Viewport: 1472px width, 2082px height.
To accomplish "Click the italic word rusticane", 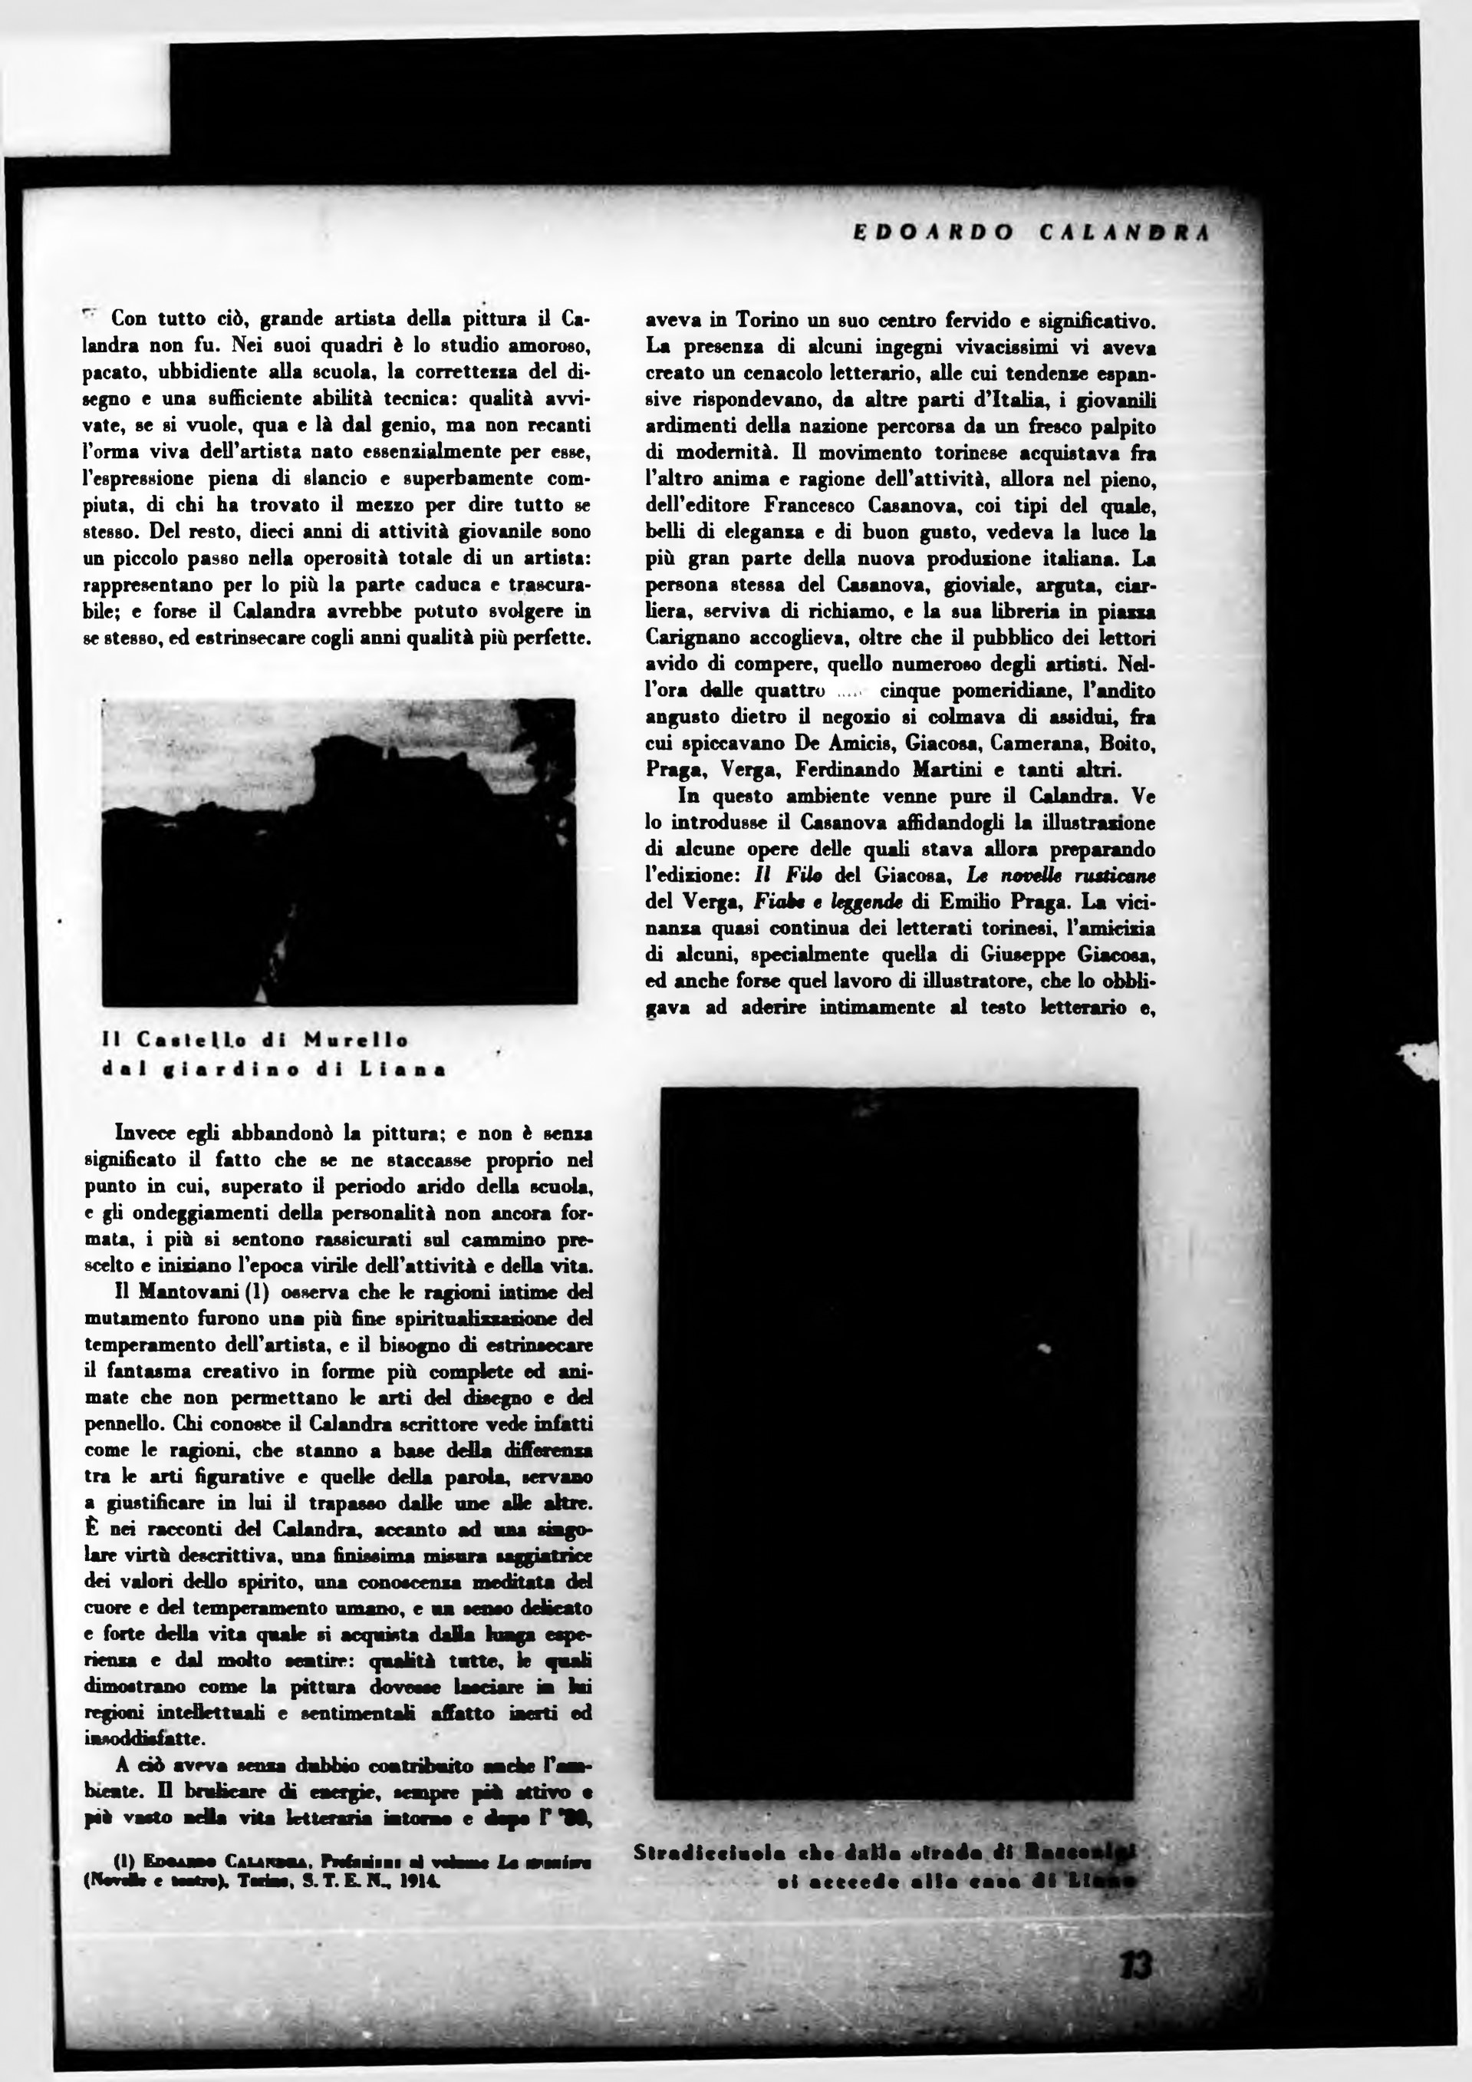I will coord(1111,876).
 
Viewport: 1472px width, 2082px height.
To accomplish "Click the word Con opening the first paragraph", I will coord(130,319).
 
